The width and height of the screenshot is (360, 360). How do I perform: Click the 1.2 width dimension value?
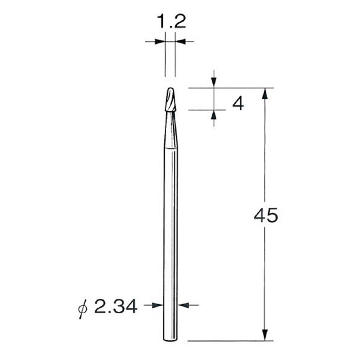[171, 22]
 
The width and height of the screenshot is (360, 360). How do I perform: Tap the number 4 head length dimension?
[238, 104]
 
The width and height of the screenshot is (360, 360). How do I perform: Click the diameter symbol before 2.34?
[85, 308]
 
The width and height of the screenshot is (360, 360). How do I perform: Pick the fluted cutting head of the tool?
[171, 102]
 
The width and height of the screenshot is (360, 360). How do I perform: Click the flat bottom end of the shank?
[171, 341]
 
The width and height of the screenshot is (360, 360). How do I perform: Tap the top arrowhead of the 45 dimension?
[264, 92]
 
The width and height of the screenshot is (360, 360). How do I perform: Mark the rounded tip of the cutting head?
[170, 89]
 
